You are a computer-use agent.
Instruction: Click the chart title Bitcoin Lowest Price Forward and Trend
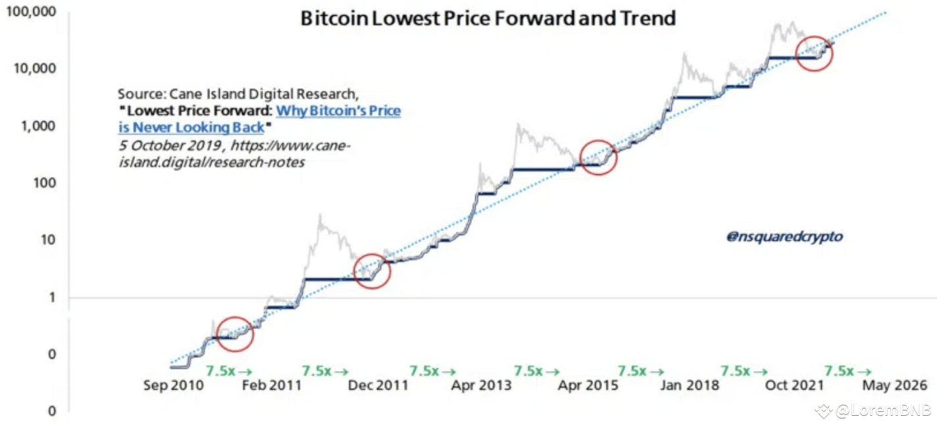pyautogui.click(x=488, y=18)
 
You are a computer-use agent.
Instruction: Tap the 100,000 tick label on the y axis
pyautogui.click(x=32, y=12)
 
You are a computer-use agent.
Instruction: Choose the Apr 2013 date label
pyautogui.click(x=481, y=385)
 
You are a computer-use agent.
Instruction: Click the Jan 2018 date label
pyautogui.click(x=690, y=385)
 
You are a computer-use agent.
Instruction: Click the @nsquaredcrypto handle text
pyautogui.click(x=784, y=237)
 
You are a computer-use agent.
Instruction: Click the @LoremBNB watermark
pyautogui.click(x=882, y=411)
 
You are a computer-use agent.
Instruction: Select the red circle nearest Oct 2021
pyautogui.click(x=814, y=53)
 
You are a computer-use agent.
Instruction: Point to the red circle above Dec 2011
pyautogui.click(x=372, y=271)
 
